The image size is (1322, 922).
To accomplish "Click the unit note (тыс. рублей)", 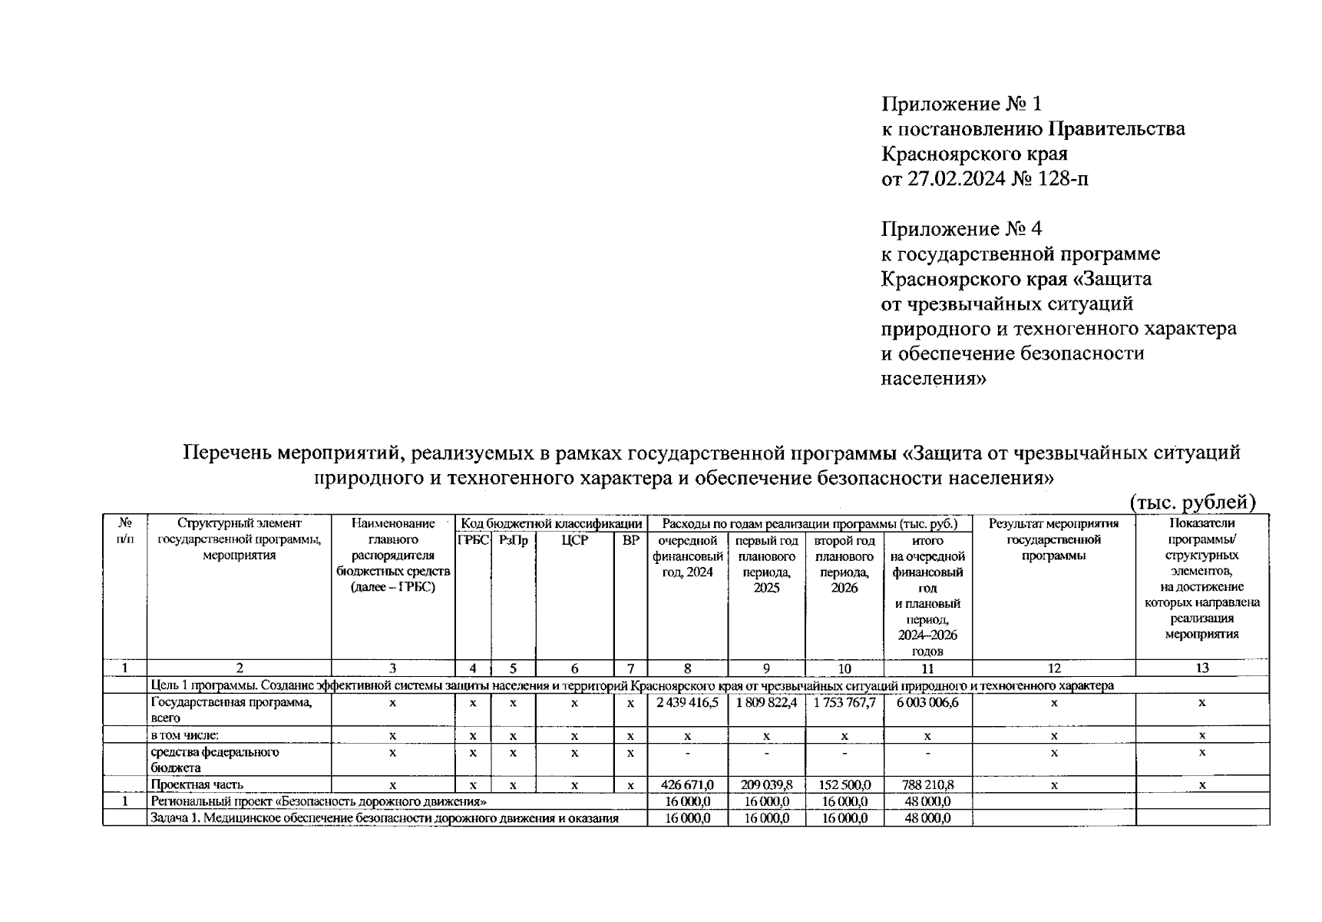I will [x=1193, y=502].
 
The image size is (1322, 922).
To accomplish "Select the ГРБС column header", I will [x=473, y=540].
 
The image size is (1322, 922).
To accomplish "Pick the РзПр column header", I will [x=513, y=540].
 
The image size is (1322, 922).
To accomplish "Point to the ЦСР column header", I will [x=574, y=540].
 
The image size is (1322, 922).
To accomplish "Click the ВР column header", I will [x=630, y=540].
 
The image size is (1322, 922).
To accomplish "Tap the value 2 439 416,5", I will [x=687, y=702].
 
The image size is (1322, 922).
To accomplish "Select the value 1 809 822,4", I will [x=766, y=702].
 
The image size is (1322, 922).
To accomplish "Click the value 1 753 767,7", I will [x=844, y=702].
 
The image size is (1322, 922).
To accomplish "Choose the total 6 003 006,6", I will [x=927, y=702].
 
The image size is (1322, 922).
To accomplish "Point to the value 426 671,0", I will [x=687, y=784].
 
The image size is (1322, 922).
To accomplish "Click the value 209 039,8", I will [x=766, y=784].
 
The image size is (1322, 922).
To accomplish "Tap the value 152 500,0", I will [x=844, y=784].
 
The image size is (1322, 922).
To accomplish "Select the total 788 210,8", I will [x=927, y=784].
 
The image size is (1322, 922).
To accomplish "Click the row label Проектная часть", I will [x=197, y=784].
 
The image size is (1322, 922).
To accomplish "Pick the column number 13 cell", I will [x=1201, y=668].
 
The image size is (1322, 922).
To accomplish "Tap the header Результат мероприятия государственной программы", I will [x=1053, y=539].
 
